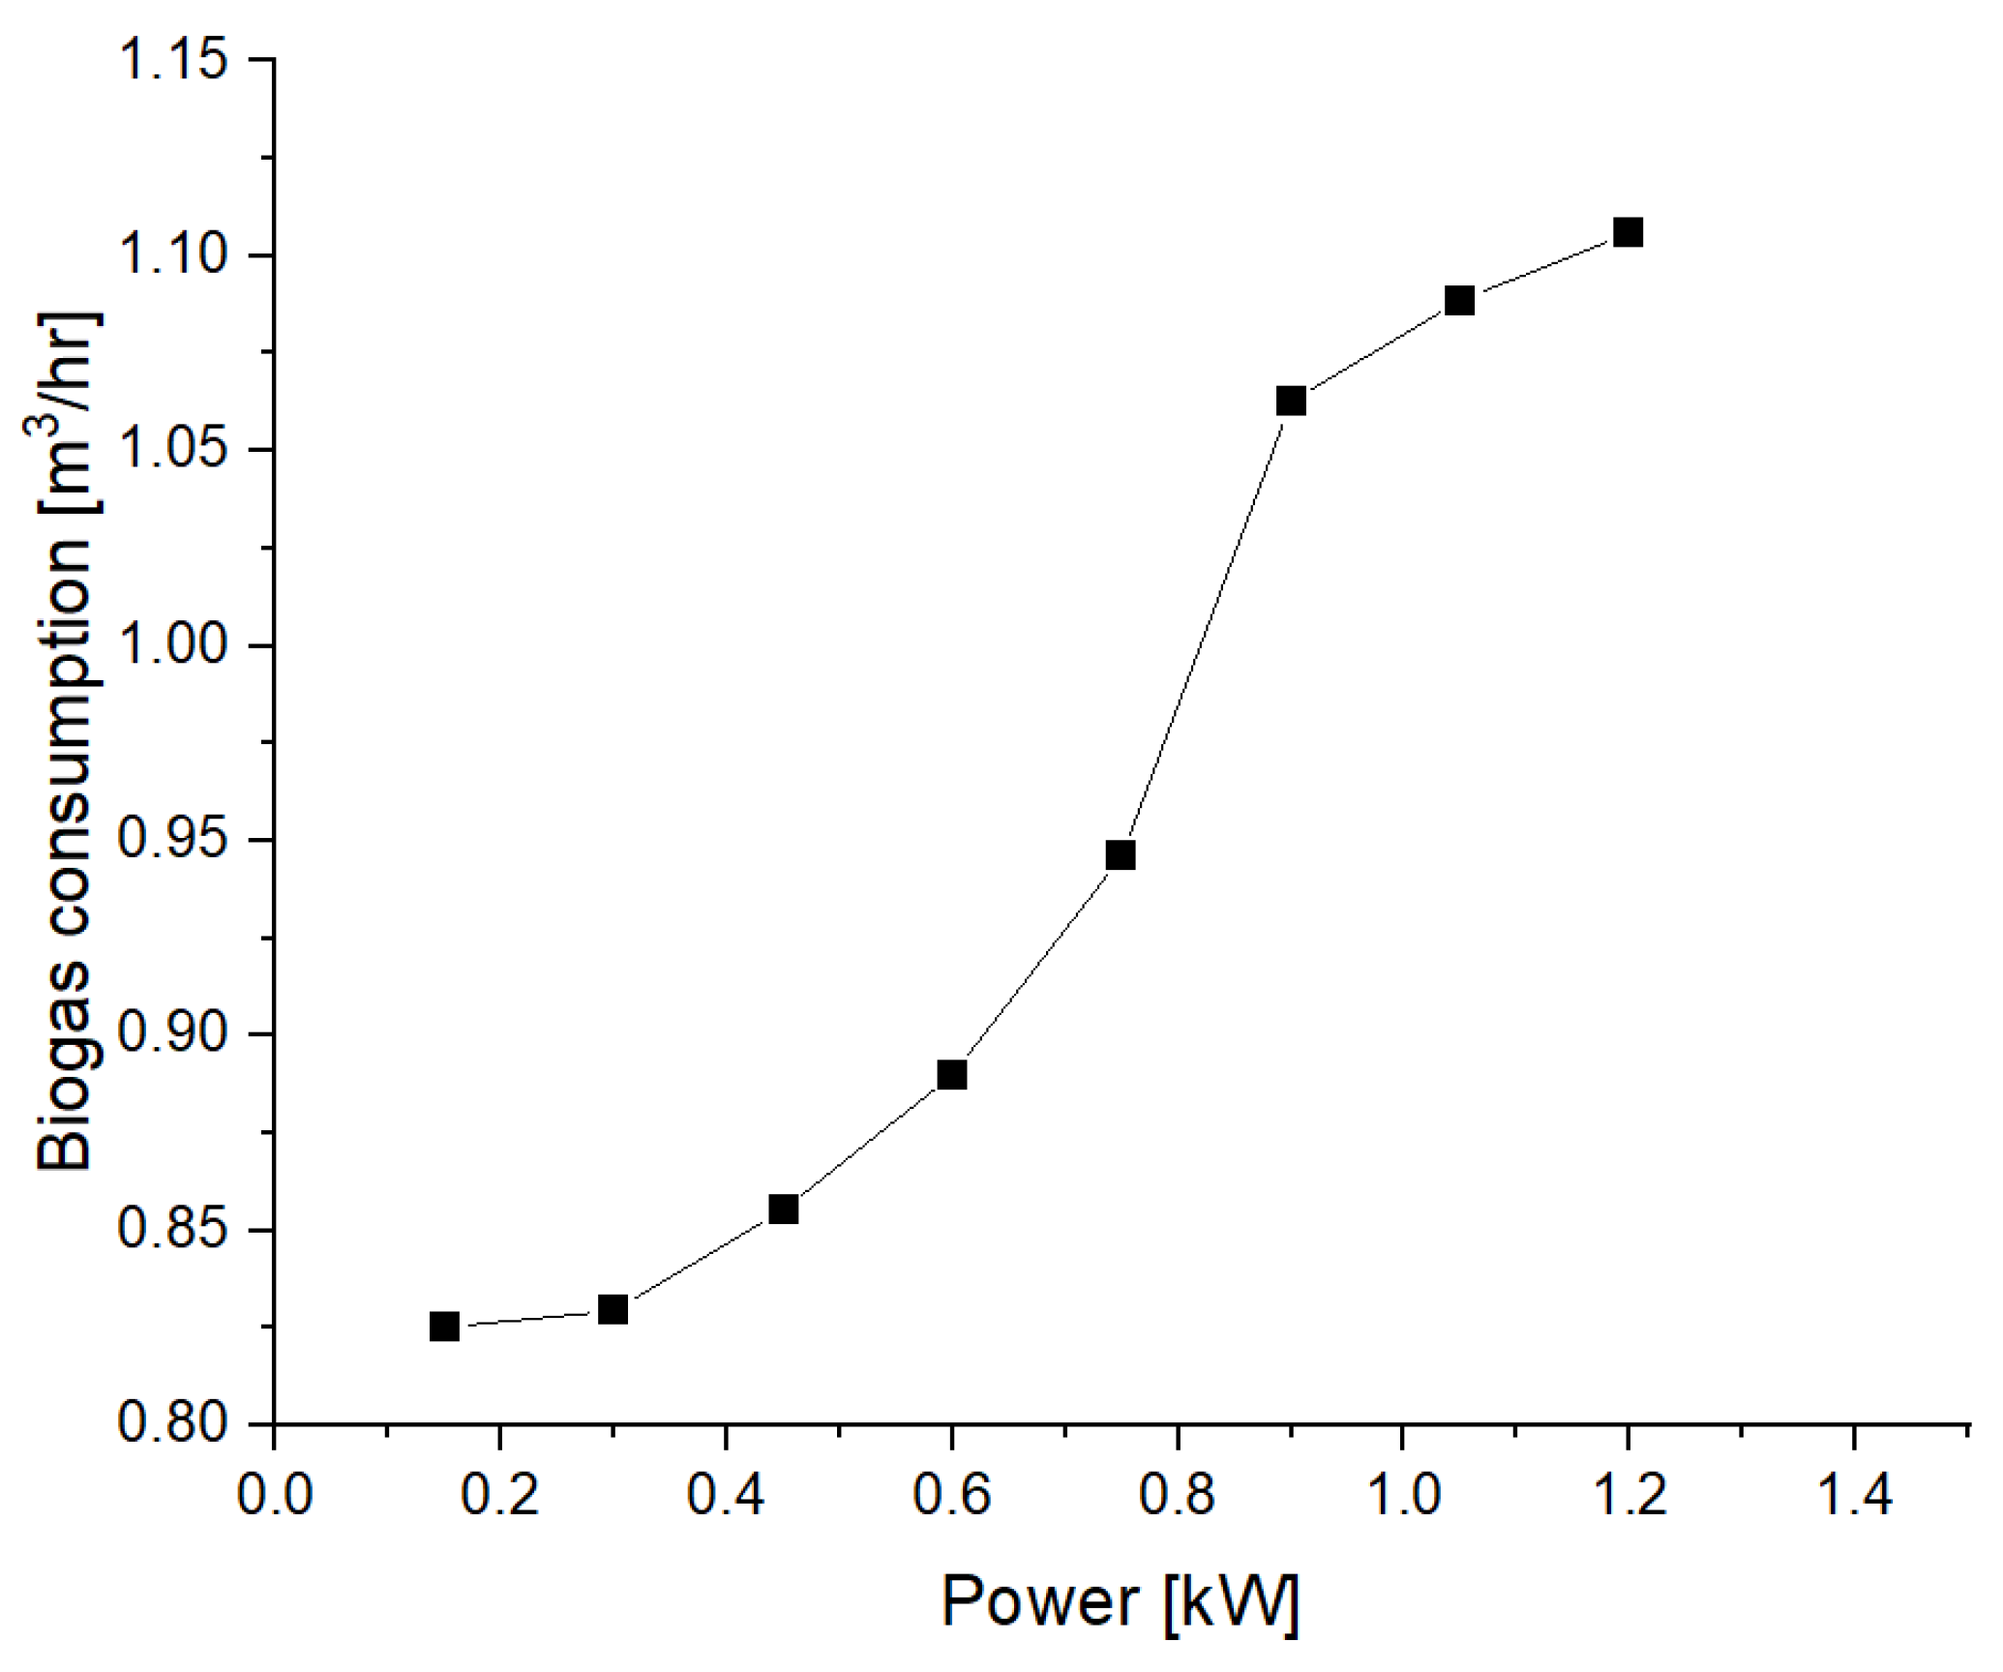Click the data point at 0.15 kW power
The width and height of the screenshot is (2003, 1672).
click(x=443, y=1326)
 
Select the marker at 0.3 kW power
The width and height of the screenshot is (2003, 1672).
click(x=613, y=1310)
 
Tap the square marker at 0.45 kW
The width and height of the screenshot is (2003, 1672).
click(x=783, y=1209)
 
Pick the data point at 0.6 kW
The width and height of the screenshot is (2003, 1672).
click(x=952, y=1075)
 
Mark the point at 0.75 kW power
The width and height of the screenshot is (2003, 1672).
click(x=1121, y=855)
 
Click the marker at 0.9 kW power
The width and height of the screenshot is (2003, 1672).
click(x=1291, y=401)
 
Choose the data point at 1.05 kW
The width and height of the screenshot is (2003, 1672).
click(x=1459, y=301)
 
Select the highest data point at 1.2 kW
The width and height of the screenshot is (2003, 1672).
click(x=1629, y=232)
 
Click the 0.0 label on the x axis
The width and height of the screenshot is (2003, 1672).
click(x=274, y=1496)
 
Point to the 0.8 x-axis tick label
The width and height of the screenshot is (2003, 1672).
click(x=1177, y=1496)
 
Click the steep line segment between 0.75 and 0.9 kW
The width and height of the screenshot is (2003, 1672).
click(x=1206, y=629)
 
